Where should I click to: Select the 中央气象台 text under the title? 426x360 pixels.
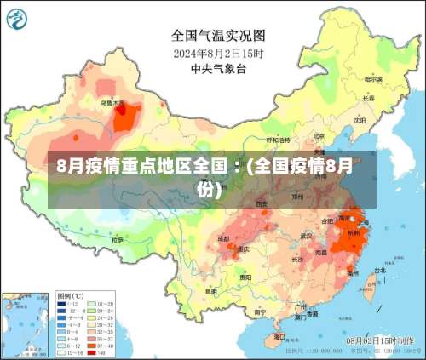point(218,68)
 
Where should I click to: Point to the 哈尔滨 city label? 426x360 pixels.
point(374,79)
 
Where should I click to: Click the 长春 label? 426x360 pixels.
point(368,98)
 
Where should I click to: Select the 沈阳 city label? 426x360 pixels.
point(360,120)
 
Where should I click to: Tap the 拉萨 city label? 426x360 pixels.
point(118,241)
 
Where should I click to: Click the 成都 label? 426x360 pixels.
point(224,239)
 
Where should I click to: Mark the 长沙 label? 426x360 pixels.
point(297,258)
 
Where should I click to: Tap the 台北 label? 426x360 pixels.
point(378,271)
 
